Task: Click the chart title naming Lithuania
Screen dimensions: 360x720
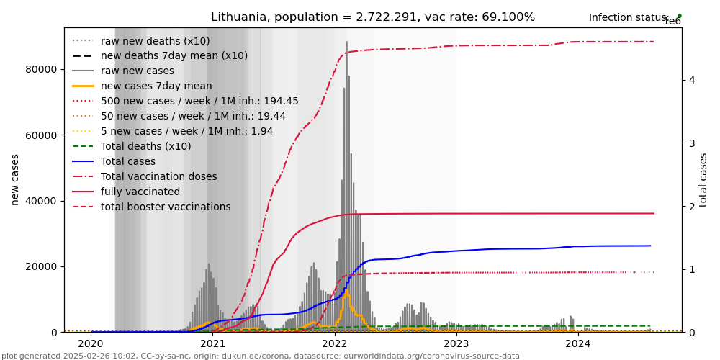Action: (372, 17)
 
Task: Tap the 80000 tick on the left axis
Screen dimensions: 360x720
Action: (42, 69)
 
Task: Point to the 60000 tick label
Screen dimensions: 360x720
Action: (42, 135)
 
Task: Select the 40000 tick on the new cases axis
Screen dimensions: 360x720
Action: (42, 201)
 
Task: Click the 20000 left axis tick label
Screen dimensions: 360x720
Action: (42, 266)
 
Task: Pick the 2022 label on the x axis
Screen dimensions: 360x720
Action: (334, 344)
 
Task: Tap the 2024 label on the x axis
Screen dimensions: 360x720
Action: (578, 344)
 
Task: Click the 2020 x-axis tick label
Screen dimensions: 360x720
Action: (91, 344)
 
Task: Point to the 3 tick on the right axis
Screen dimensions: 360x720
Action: (691, 143)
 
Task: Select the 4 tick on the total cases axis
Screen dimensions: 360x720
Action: (691, 80)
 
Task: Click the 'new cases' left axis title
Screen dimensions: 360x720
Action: (15, 179)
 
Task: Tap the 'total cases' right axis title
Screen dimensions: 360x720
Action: (704, 179)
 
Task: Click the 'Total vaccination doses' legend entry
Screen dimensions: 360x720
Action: (158, 177)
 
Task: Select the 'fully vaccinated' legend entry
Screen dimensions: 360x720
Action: (140, 192)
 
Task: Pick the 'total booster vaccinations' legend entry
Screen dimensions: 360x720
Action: (166, 207)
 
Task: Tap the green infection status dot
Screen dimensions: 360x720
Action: (679, 16)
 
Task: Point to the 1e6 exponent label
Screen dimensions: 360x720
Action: (672, 22)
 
